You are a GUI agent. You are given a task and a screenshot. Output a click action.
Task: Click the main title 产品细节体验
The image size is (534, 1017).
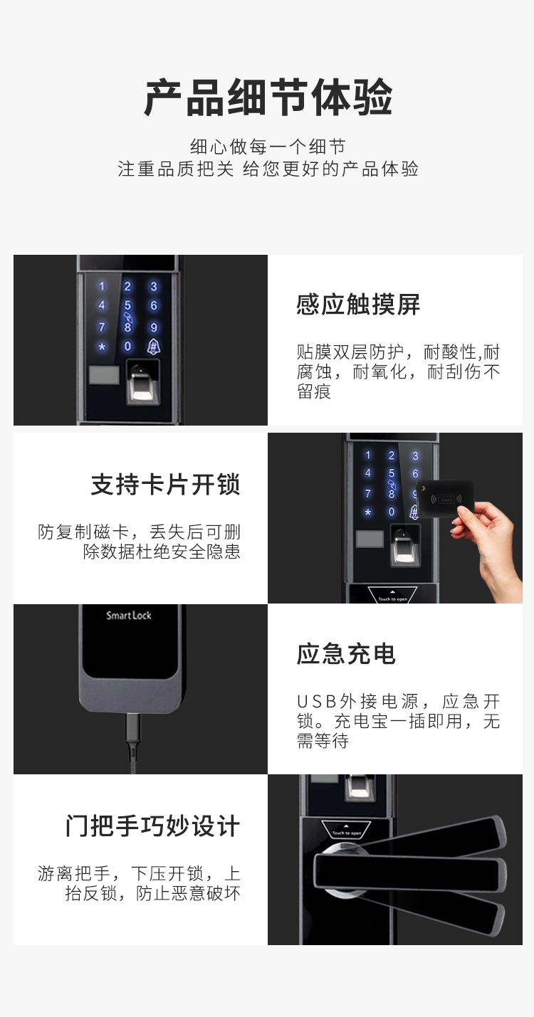268,98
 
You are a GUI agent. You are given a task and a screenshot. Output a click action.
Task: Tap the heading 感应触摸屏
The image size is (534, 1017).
358,304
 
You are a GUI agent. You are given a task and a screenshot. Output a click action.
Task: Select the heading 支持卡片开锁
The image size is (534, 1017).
165,485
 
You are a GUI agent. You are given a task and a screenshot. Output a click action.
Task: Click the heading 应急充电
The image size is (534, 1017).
346,654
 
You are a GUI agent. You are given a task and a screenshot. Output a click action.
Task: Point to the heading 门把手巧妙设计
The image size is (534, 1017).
152,826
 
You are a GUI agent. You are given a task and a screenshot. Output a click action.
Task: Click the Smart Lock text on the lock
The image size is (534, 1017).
128,615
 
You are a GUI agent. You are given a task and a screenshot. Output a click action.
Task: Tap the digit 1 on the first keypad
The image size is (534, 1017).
102,287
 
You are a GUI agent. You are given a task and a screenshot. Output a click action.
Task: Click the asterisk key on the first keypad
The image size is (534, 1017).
102,347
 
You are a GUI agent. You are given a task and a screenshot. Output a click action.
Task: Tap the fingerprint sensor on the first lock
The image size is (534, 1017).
142,382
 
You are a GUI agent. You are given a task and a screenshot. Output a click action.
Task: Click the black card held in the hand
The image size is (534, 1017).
445,499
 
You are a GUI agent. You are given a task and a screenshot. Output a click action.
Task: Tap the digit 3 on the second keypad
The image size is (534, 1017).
415,455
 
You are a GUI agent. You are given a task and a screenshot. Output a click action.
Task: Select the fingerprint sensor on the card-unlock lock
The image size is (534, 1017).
405,545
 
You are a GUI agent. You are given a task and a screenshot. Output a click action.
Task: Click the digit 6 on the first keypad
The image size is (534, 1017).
154,305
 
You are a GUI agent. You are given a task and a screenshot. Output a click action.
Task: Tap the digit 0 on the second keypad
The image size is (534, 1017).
392,512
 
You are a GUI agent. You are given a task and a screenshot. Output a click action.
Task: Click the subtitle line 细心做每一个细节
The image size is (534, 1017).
268,147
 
